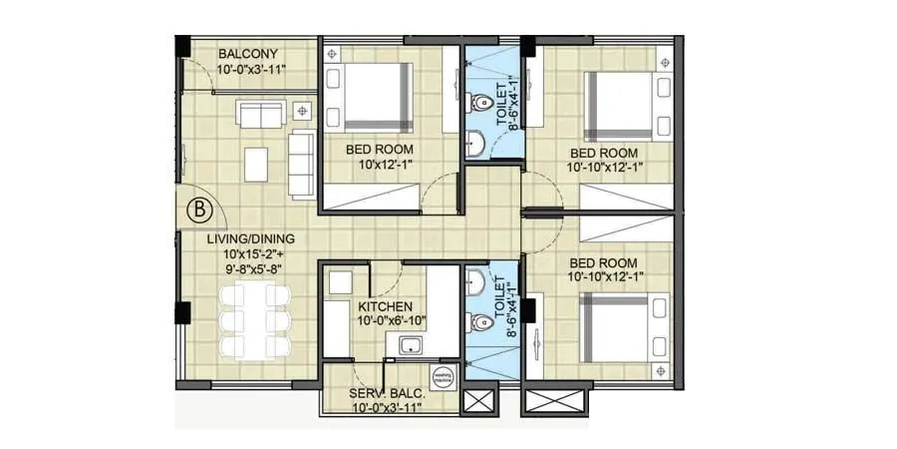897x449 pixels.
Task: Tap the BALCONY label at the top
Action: click(248, 54)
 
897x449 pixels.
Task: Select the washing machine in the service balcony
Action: click(443, 377)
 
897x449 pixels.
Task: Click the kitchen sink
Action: click(409, 346)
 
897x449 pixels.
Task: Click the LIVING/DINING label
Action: click(251, 239)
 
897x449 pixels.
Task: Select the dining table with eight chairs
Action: click(251, 319)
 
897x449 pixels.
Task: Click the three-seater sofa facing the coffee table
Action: click(301, 162)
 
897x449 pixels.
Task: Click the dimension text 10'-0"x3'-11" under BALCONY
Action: click(252, 70)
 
